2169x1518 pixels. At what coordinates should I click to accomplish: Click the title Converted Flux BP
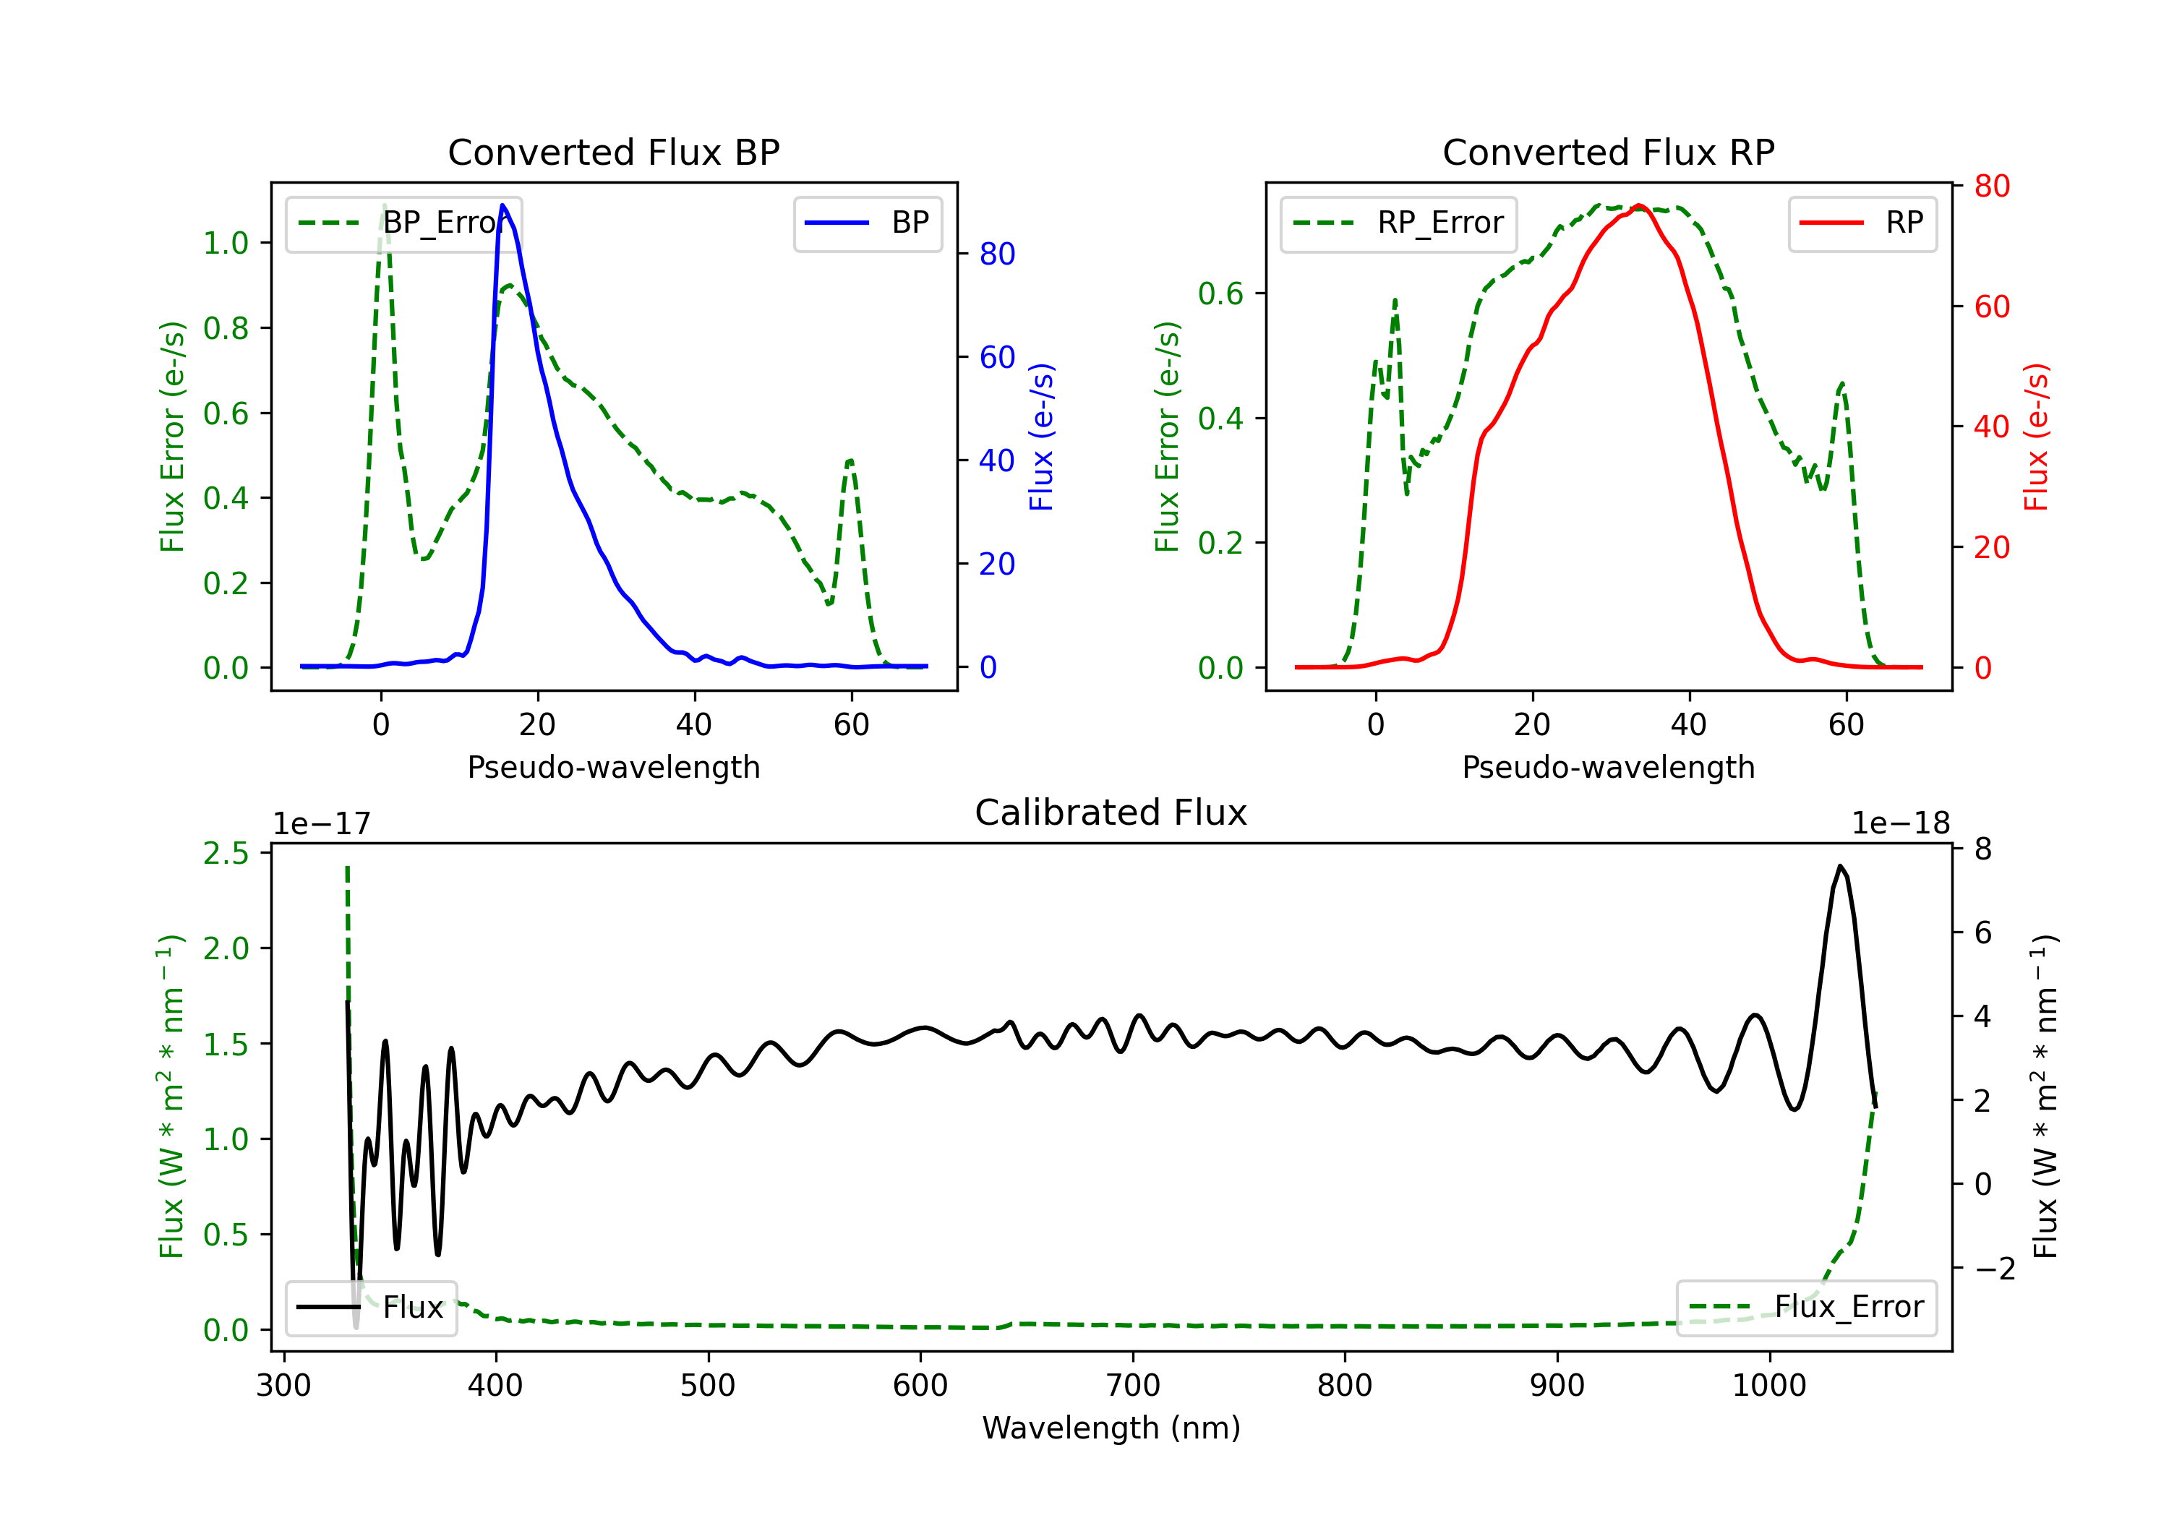[613, 152]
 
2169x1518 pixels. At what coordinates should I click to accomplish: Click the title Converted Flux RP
[1608, 152]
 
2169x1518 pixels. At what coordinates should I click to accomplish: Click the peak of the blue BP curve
[502, 205]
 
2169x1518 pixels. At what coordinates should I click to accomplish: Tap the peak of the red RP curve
[1639, 206]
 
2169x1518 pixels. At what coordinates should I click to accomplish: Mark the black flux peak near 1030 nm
[1839, 866]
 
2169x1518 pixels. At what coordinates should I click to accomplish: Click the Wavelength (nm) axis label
[1111, 1428]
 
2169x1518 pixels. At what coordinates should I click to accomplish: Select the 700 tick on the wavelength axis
[1133, 1386]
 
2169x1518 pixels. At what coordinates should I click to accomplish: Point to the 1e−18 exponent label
[1900, 824]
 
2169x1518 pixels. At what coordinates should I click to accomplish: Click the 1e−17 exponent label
[322, 824]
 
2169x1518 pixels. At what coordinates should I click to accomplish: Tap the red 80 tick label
[1991, 186]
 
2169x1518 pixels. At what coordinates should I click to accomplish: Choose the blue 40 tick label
[996, 461]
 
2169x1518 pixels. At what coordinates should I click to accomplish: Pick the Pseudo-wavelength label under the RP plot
[1608, 767]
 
